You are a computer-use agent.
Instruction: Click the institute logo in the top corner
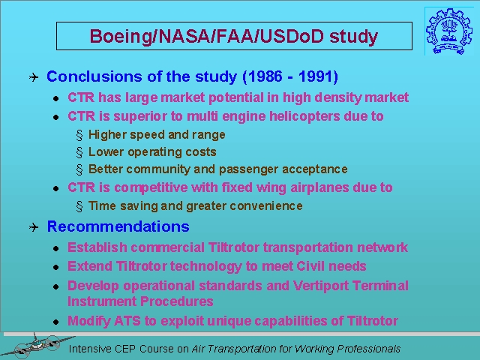tap(445, 31)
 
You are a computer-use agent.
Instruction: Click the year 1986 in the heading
tap(265, 76)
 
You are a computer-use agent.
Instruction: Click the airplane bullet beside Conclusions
tap(34, 76)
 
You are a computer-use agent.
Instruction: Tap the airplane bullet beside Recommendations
tap(34, 227)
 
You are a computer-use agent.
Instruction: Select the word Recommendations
tap(118, 226)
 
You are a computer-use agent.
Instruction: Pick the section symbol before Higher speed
tap(79, 135)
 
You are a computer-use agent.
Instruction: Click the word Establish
tap(97, 247)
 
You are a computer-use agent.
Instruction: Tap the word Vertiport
tap(320, 286)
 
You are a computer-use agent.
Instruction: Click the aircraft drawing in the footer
tap(37, 346)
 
